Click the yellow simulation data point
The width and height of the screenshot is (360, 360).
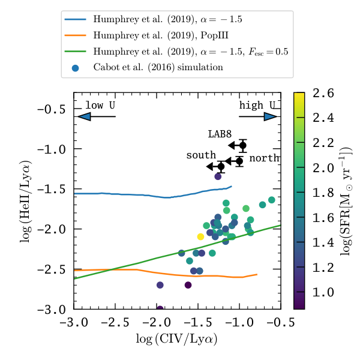pyautogui.click(x=200, y=236)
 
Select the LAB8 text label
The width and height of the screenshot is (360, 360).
pyautogui.click(x=220, y=134)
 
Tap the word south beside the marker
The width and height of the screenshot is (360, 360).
pyautogui.click(x=201, y=155)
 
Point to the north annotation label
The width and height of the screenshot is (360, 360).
pyautogui.click(x=264, y=158)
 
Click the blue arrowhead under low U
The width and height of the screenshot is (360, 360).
pyautogui.click(x=84, y=116)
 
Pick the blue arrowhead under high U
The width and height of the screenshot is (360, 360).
pyautogui.click(x=271, y=116)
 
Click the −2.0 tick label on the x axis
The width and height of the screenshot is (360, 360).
pyautogui.click(x=157, y=322)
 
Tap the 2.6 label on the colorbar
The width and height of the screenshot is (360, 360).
pyautogui.click(x=323, y=94)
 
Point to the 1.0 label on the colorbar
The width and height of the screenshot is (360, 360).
pyautogui.click(x=323, y=292)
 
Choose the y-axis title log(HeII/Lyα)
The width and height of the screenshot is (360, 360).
pyautogui.click(x=25, y=202)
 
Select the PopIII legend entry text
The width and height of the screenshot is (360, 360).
pyautogui.click(x=161, y=35)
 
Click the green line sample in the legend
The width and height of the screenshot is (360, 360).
pyautogui.click(x=76, y=52)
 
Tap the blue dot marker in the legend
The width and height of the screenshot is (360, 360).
pyautogui.click(x=76, y=68)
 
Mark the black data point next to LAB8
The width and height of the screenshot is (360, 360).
pyautogui.click(x=243, y=146)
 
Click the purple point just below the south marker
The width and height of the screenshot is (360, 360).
pyautogui.click(x=218, y=176)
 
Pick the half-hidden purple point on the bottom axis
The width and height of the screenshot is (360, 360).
pyautogui.click(x=160, y=308)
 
